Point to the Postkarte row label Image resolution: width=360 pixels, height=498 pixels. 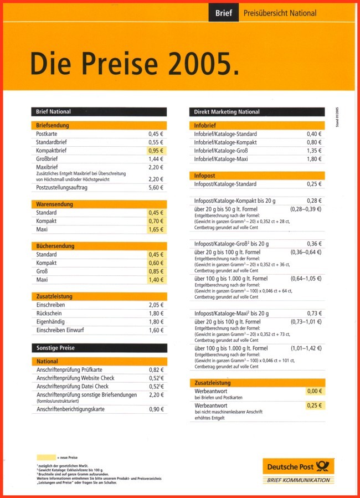click(47, 134)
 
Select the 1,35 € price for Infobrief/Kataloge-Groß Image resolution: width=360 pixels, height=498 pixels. click(314, 151)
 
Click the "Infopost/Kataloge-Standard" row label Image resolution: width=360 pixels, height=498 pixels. click(225, 184)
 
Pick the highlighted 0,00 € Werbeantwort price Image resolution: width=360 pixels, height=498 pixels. click(314, 391)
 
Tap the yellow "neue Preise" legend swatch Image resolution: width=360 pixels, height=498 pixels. click(46, 457)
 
